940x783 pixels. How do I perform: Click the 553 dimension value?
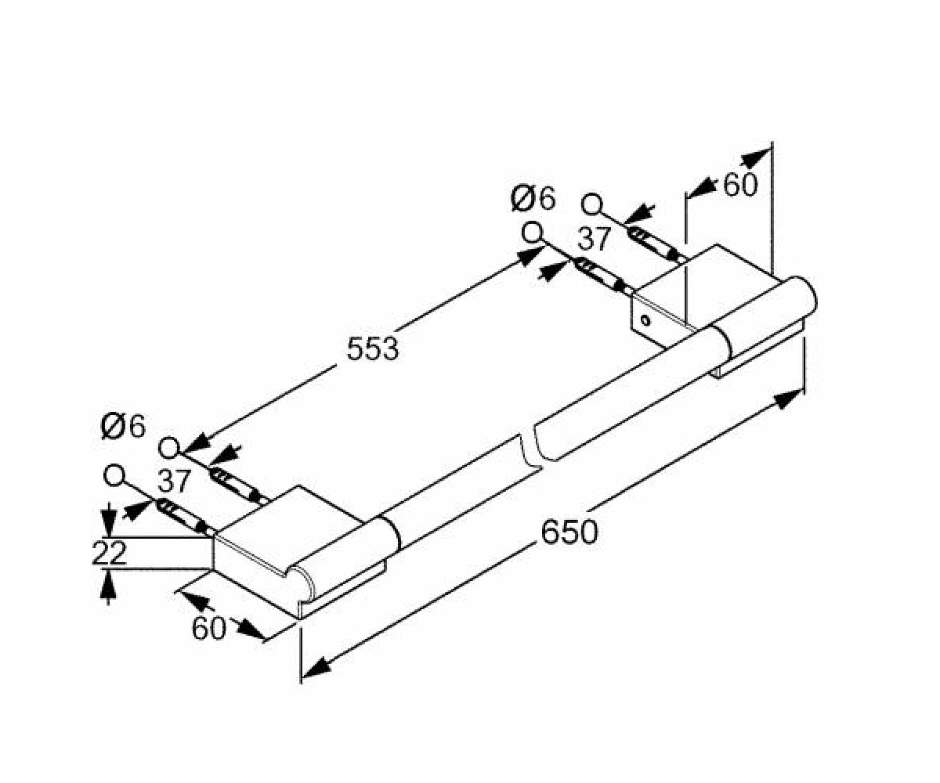click(x=373, y=348)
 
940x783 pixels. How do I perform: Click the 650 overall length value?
click(x=569, y=532)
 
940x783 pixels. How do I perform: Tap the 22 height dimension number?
click(x=109, y=553)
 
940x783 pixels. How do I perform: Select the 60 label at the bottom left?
click(x=208, y=628)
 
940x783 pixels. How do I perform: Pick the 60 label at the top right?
click(x=740, y=185)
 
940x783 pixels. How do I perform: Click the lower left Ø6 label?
click(x=123, y=426)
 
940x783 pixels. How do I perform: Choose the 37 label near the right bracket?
click(x=595, y=239)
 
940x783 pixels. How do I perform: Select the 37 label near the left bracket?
click(x=175, y=481)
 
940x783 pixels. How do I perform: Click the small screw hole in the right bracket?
click(x=645, y=320)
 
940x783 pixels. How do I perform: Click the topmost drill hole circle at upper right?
click(x=591, y=204)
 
